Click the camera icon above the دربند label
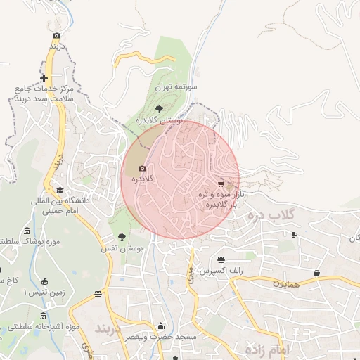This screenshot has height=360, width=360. pyautogui.click(x=56, y=35)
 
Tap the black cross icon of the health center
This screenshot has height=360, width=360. pyautogui.click(x=44, y=78)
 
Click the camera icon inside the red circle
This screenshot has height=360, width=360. pyautogui.click(x=143, y=169)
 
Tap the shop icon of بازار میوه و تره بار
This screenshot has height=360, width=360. pyautogui.click(x=221, y=184)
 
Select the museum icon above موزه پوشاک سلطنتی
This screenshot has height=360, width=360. pyautogui.click(x=27, y=231)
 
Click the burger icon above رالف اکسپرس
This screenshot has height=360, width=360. pyautogui.click(x=221, y=259)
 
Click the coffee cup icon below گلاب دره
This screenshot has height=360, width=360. pyautogui.click(x=293, y=234)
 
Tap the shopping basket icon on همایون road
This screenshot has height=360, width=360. pyautogui.click(x=316, y=273)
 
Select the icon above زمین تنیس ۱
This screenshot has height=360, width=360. pyautogui.click(x=45, y=281)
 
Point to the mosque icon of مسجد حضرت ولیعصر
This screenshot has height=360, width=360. pyautogui.click(x=160, y=326)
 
